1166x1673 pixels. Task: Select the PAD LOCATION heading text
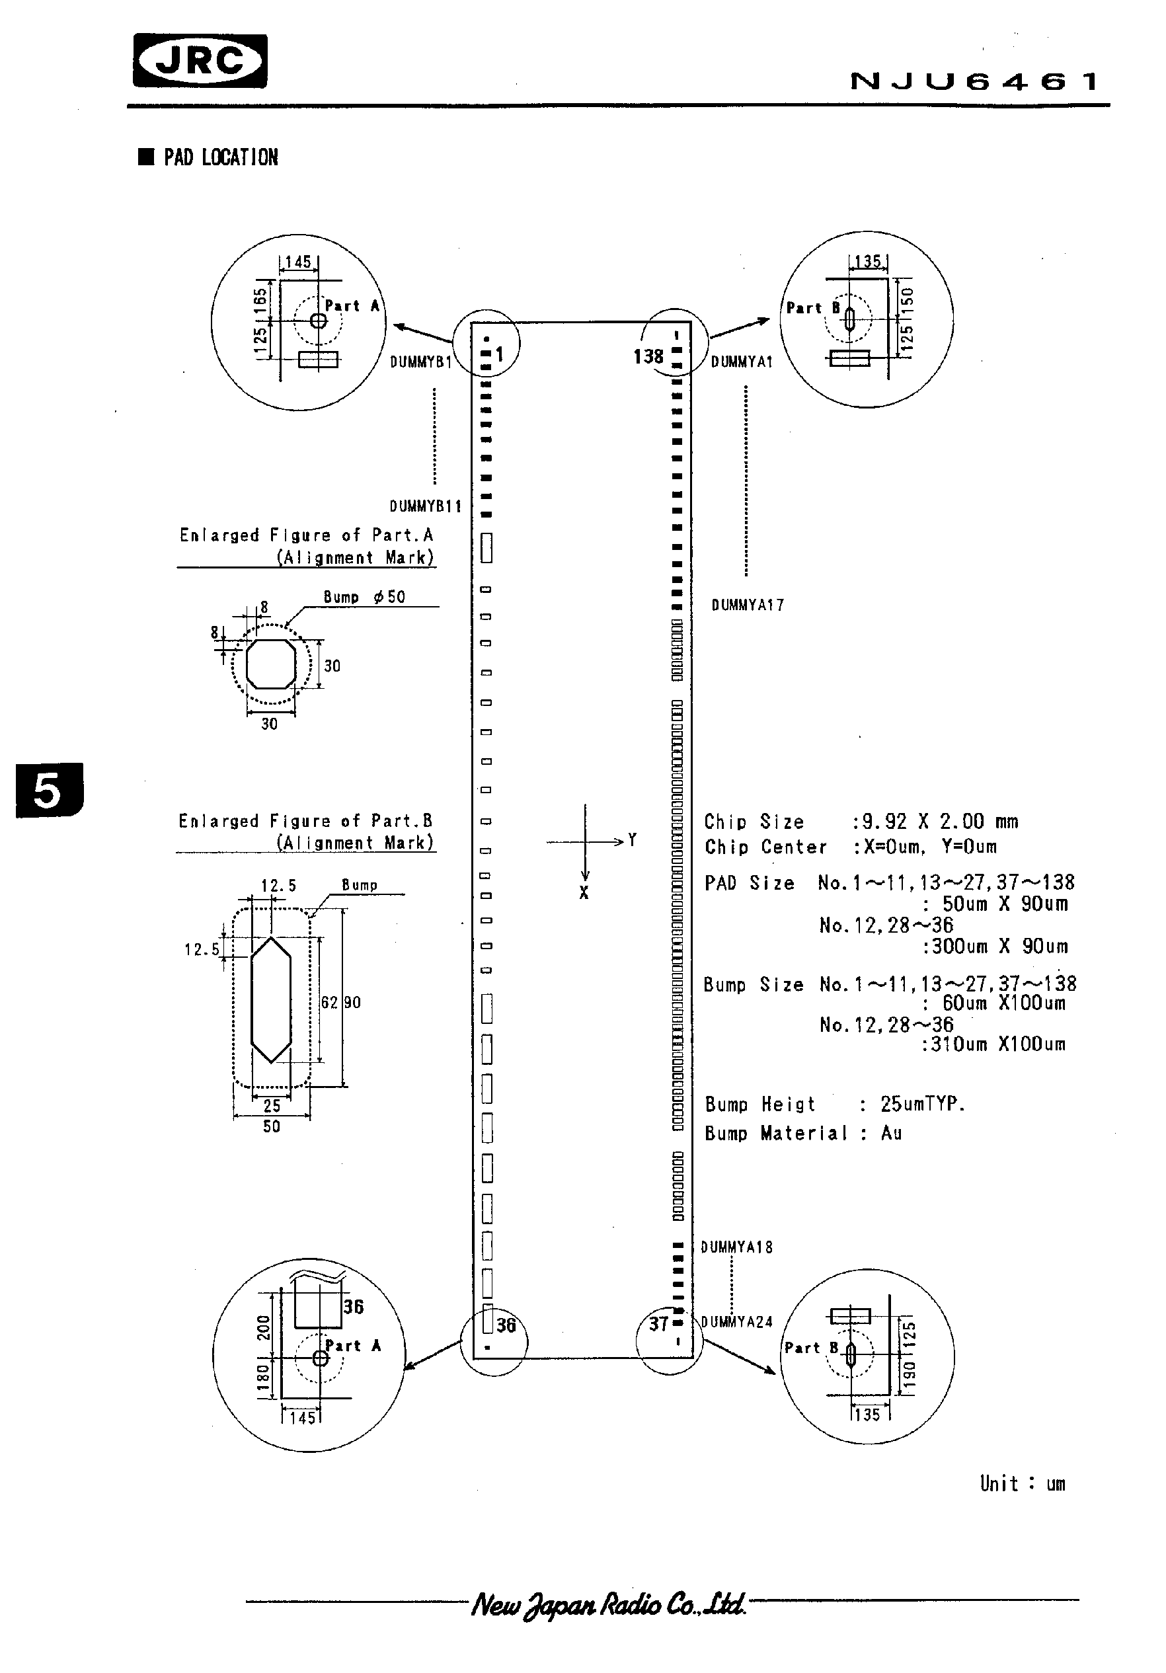[x=220, y=157]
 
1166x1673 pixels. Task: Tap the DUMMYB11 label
[x=425, y=506]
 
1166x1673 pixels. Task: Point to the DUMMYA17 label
[x=747, y=605]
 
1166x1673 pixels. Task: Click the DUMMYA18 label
[x=736, y=1247]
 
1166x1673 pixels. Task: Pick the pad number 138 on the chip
[x=648, y=356]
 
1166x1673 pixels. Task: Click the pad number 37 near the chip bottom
[x=658, y=1323]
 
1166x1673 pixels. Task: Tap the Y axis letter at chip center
[x=632, y=840]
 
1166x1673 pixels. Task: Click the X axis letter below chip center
[x=584, y=893]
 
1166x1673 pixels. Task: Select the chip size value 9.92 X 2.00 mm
[x=939, y=822]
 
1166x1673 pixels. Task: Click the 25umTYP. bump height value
[x=922, y=1104]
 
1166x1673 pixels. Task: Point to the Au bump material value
[x=890, y=1133]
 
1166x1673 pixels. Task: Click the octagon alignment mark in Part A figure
[x=271, y=664]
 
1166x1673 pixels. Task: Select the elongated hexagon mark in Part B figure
[x=271, y=999]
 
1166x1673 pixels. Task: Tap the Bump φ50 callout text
[x=364, y=598]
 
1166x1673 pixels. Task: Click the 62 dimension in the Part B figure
[x=329, y=1003]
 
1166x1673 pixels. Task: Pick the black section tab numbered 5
[x=49, y=790]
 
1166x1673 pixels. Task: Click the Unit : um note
[x=1022, y=1483]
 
